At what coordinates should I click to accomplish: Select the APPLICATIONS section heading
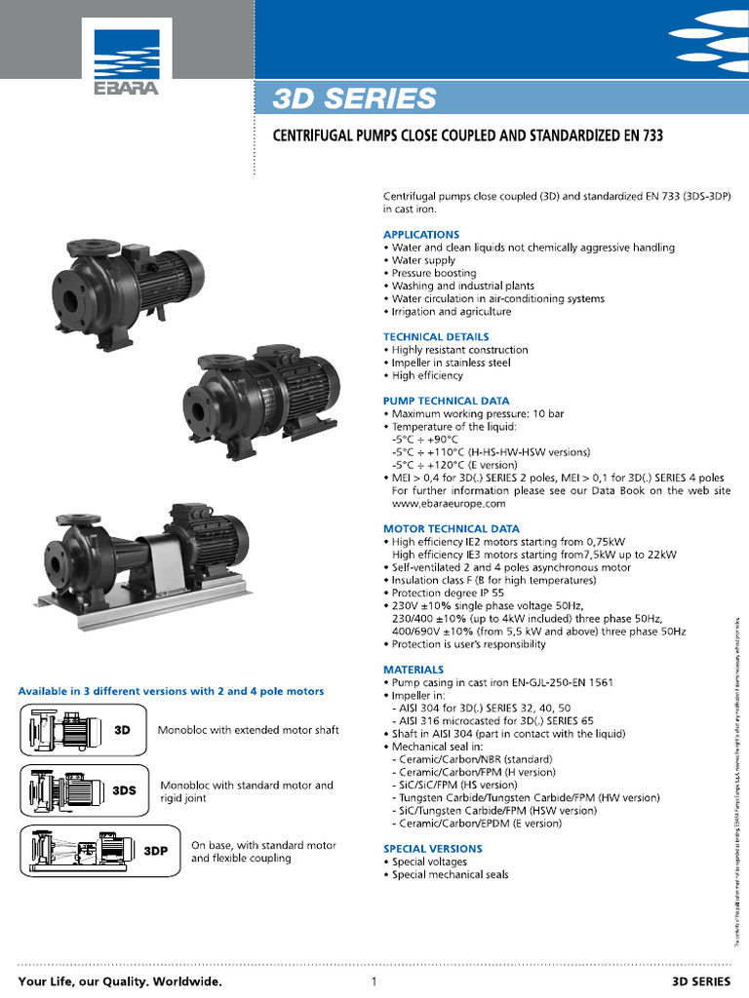click(x=420, y=235)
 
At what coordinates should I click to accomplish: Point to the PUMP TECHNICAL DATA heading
click(x=446, y=401)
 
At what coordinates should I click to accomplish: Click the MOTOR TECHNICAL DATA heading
click(x=451, y=528)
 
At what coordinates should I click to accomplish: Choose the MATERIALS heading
click(x=414, y=670)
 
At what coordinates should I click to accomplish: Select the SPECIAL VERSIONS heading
click(x=432, y=849)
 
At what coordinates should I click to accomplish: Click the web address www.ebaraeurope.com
click(x=449, y=504)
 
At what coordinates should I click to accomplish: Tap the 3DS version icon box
click(x=85, y=789)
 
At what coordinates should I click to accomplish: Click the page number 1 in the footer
click(x=374, y=980)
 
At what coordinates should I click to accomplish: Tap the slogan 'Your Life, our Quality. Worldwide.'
click(x=120, y=980)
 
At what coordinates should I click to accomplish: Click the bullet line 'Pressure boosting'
click(x=433, y=274)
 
